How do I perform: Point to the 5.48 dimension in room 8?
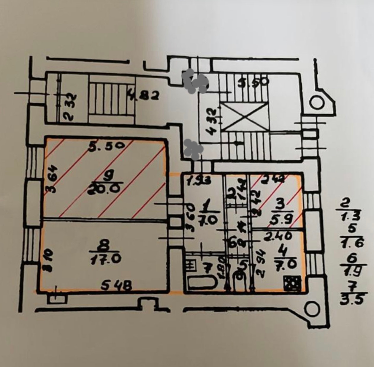pos(116,286)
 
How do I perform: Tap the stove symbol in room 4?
pos(292,283)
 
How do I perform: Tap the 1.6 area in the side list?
pos(352,243)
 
